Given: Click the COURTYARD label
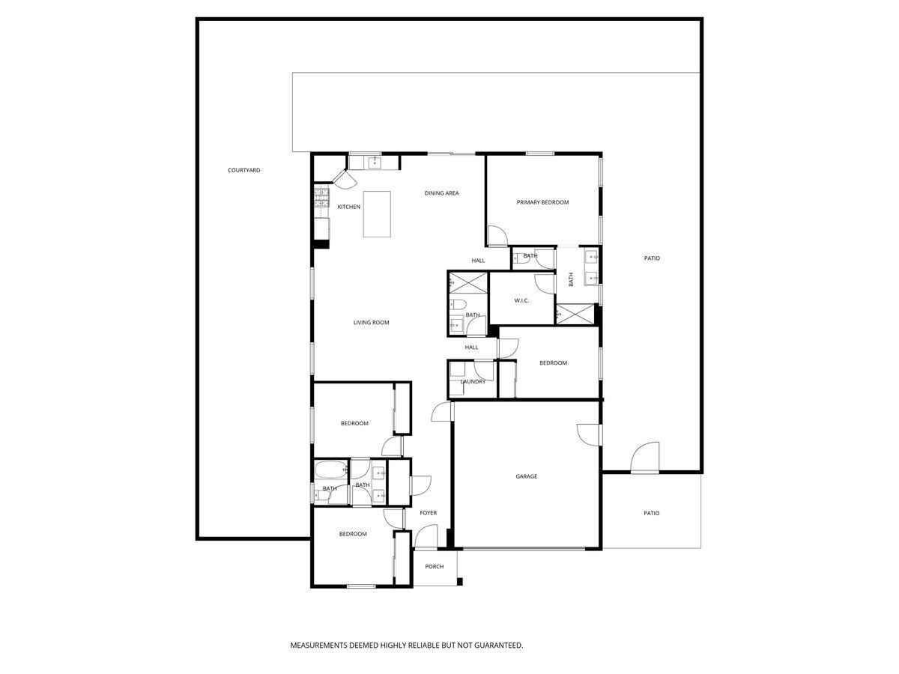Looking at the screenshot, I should (244, 171).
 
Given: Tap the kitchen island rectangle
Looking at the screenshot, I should (378, 214).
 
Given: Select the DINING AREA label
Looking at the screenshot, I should (441, 193).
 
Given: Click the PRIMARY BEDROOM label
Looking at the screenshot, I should (542, 202).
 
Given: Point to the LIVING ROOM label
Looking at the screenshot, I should (372, 323).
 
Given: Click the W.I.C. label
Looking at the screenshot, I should (521, 300).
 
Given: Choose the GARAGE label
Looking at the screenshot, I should (526, 476).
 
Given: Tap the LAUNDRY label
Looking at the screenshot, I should (473, 382).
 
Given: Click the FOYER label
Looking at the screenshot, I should (428, 513).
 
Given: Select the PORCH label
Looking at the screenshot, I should (435, 566).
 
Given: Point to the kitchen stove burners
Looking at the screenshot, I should (321, 198).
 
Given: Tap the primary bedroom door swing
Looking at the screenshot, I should (497, 236).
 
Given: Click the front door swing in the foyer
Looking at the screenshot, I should (426, 537).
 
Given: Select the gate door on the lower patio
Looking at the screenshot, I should (645, 458).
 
